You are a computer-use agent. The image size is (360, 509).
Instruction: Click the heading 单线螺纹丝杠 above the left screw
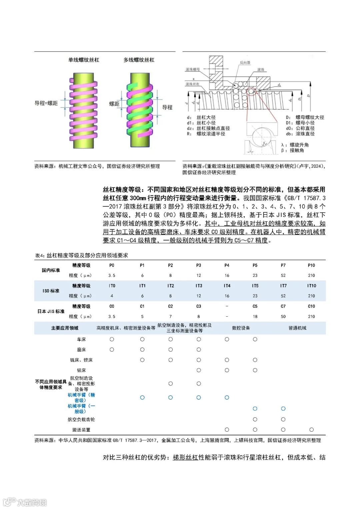click(84, 60)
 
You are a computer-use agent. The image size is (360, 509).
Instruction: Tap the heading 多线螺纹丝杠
click(139, 60)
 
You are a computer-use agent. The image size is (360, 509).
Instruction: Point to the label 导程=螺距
click(46, 103)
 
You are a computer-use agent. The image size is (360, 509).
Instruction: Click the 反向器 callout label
click(245, 62)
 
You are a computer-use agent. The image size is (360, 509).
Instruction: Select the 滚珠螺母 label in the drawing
click(193, 69)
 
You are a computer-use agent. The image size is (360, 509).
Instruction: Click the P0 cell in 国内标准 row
click(112, 265)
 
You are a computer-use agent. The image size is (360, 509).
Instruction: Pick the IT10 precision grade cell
click(311, 286)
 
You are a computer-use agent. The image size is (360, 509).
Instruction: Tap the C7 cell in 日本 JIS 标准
click(283, 306)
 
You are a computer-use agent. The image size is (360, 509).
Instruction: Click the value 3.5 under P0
click(112, 275)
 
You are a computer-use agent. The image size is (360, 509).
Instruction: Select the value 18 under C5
click(255, 316)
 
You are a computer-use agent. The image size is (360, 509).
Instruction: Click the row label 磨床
click(81, 350)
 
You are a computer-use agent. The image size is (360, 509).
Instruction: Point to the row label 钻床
click(81, 370)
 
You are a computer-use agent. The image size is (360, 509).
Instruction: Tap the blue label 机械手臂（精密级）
click(81, 397)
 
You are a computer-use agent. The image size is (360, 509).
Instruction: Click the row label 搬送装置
click(81, 430)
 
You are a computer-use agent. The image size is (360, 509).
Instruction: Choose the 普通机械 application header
click(297, 328)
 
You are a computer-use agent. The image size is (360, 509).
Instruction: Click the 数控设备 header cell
click(241, 328)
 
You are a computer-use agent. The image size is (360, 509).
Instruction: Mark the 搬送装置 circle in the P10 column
click(311, 430)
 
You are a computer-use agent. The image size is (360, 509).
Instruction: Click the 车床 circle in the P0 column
click(112, 339)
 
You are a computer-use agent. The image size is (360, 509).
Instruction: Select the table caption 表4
click(82, 255)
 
